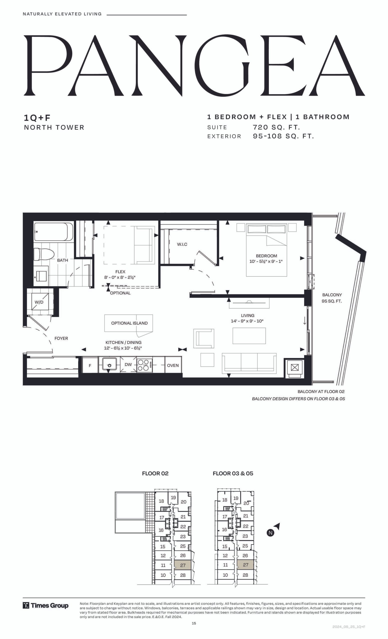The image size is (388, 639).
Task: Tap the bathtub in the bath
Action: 53,232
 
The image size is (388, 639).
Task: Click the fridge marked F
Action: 90,365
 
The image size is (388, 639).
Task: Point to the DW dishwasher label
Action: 128,364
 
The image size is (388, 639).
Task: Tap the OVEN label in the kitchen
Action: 173,365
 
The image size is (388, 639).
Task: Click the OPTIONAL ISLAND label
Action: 129,323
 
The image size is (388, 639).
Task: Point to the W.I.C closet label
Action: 182,244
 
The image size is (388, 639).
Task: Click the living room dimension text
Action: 247,321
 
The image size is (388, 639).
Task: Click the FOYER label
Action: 61,338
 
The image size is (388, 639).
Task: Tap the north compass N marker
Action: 270,533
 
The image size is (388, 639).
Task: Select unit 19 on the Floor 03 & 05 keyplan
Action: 236,498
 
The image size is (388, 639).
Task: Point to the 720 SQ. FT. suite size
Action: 276,127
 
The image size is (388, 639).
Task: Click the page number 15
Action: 194,624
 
